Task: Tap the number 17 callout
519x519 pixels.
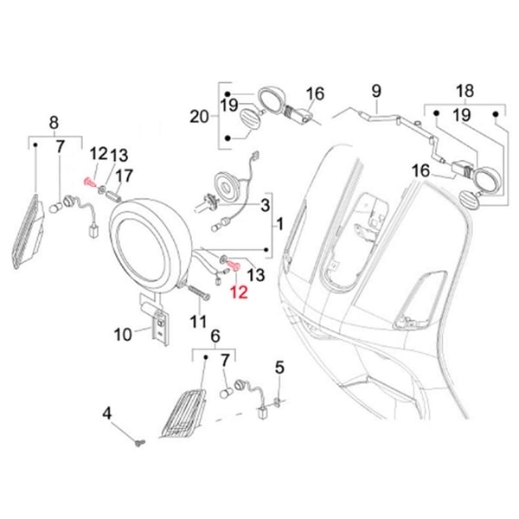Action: point(124,176)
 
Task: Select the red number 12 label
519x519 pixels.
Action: point(238,293)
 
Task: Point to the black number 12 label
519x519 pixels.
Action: point(97,154)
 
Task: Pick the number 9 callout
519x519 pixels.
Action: point(376,90)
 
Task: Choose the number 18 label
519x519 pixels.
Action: point(465,90)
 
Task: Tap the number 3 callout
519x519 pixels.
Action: point(266,204)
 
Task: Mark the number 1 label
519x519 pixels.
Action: point(279,224)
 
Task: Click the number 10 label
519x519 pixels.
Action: point(123,333)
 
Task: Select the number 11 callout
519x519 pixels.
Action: point(199,322)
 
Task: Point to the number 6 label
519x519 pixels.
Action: point(215,336)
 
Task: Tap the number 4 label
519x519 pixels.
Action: point(107,413)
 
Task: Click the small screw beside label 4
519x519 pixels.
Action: point(139,443)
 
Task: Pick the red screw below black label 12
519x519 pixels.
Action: point(89,183)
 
